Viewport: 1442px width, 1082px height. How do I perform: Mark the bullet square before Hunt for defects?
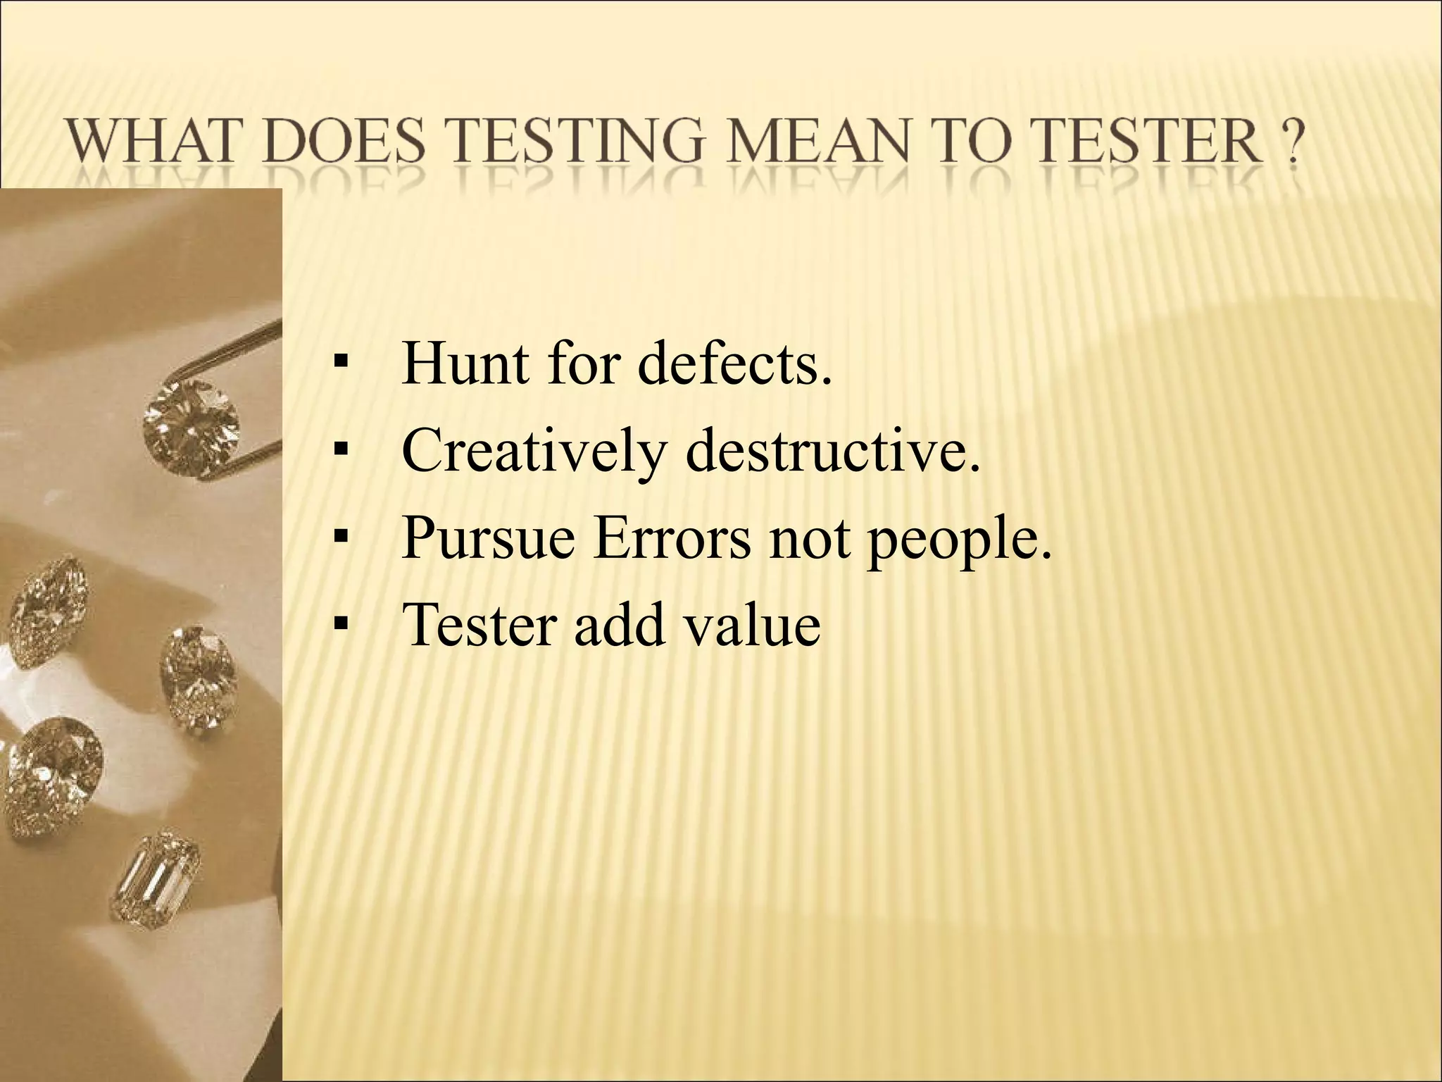(x=341, y=365)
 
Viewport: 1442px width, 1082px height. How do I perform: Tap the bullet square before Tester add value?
(x=341, y=625)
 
